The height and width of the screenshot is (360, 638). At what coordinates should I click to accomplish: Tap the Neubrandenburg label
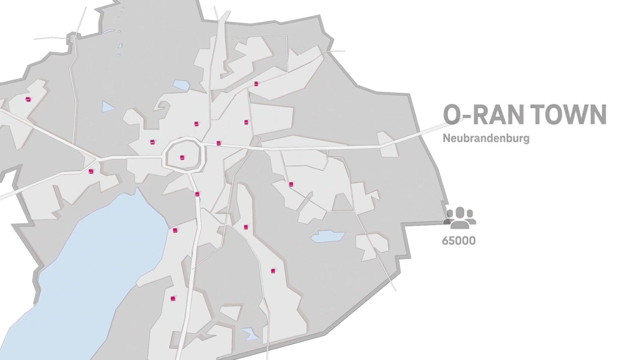point(486,138)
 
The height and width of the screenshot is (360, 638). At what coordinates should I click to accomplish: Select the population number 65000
point(459,241)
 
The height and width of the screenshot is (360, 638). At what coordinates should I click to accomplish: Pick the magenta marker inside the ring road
point(182,158)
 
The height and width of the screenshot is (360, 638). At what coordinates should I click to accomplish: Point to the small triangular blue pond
point(107,107)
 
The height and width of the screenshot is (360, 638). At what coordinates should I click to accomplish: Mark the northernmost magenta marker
point(256,84)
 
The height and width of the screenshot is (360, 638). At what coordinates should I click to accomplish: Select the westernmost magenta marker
point(28,99)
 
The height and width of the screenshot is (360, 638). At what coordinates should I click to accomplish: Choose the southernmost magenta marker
point(173,299)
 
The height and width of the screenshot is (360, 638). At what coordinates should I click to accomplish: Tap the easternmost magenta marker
point(291,184)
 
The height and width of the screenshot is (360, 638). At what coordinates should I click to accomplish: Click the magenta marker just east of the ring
point(219,143)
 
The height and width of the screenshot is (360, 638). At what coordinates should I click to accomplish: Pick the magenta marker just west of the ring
point(152,142)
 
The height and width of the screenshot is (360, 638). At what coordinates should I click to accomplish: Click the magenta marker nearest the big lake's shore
point(175,230)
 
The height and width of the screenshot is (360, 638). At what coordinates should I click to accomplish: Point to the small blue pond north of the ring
point(181,85)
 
